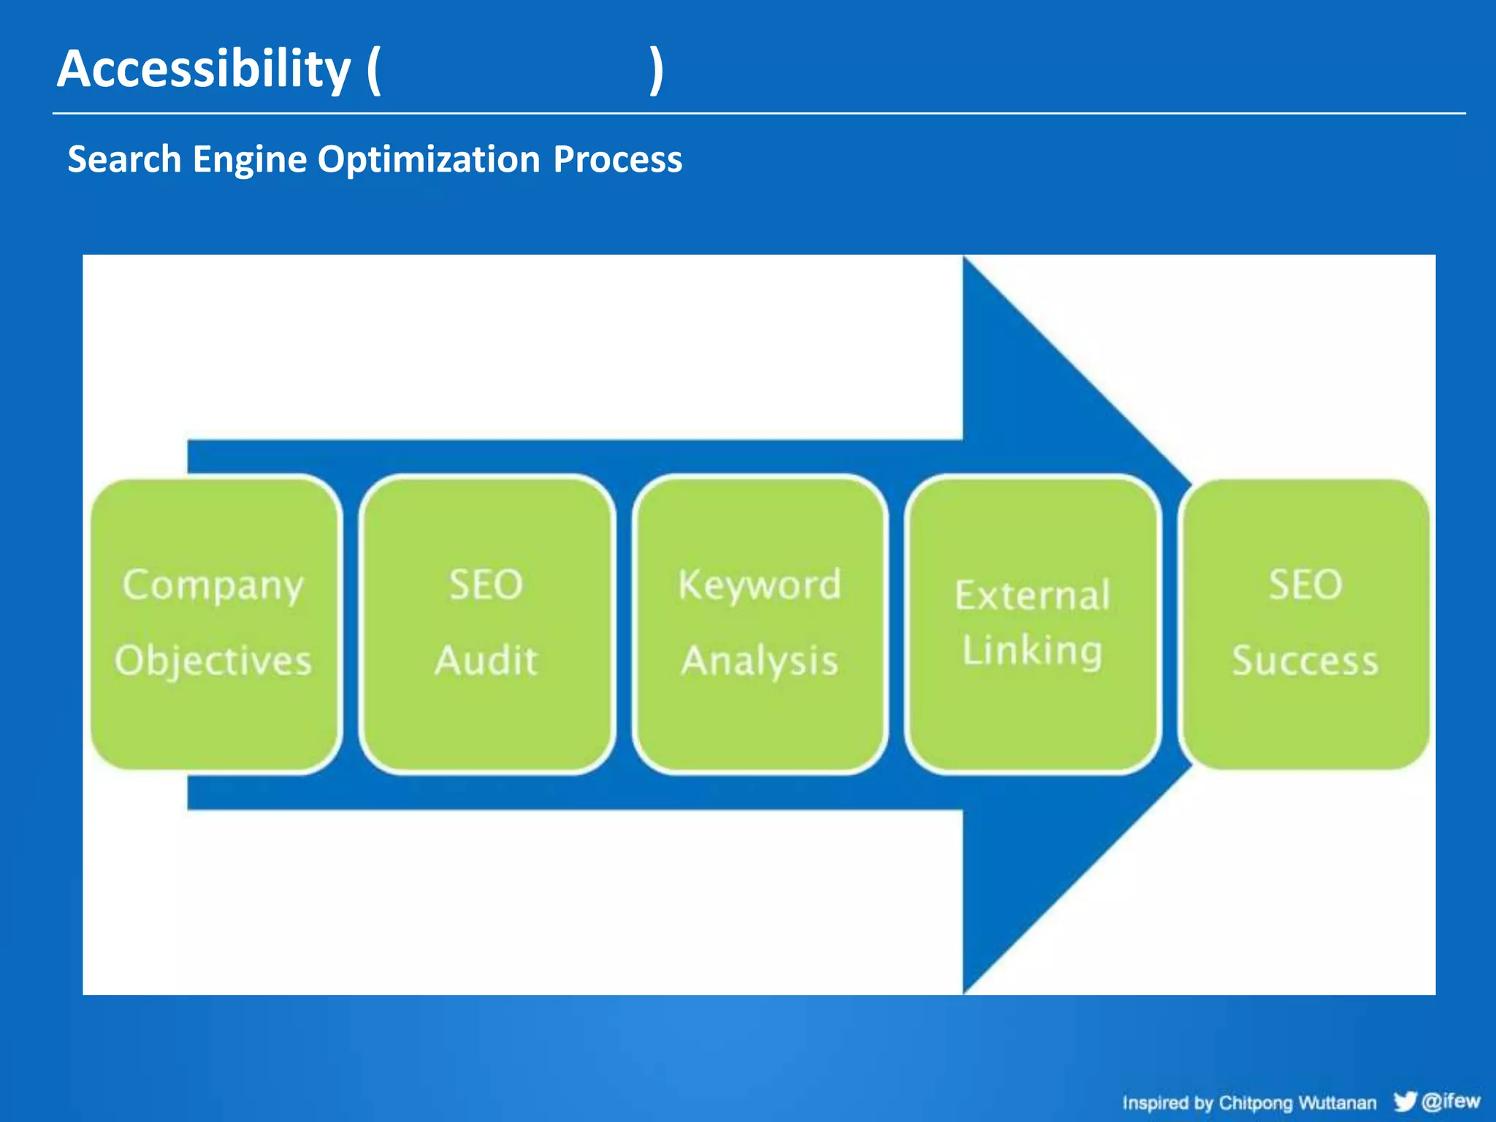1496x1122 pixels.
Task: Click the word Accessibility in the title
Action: click(x=204, y=69)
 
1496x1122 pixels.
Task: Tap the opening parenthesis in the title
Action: click(x=374, y=71)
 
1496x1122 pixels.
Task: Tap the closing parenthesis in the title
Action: click(x=656, y=71)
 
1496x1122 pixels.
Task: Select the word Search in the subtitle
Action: click(x=124, y=159)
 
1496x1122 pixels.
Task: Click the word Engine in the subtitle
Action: click(x=249, y=159)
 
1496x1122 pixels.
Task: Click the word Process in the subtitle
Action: click(x=617, y=159)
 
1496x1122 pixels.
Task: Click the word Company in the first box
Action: click(x=213, y=586)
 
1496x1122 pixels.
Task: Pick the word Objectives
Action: click(x=213, y=661)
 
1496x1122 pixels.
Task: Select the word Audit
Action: click(x=486, y=661)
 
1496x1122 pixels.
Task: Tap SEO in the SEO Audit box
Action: click(x=486, y=584)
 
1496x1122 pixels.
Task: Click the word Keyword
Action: click(x=760, y=584)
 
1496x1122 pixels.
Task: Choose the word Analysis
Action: click(x=760, y=661)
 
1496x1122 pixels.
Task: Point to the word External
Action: click(x=1032, y=595)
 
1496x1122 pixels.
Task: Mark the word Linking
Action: click(x=1032, y=651)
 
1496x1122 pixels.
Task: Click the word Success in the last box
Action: click(x=1305, y=661)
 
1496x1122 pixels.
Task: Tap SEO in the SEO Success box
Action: click(x=1305, y=584)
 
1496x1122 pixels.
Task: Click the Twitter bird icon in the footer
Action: click(x=1405, y=1101)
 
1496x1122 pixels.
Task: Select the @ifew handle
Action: click(x=1451, y=1100)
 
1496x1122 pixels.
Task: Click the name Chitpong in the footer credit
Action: click(x=1255, y=1103)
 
